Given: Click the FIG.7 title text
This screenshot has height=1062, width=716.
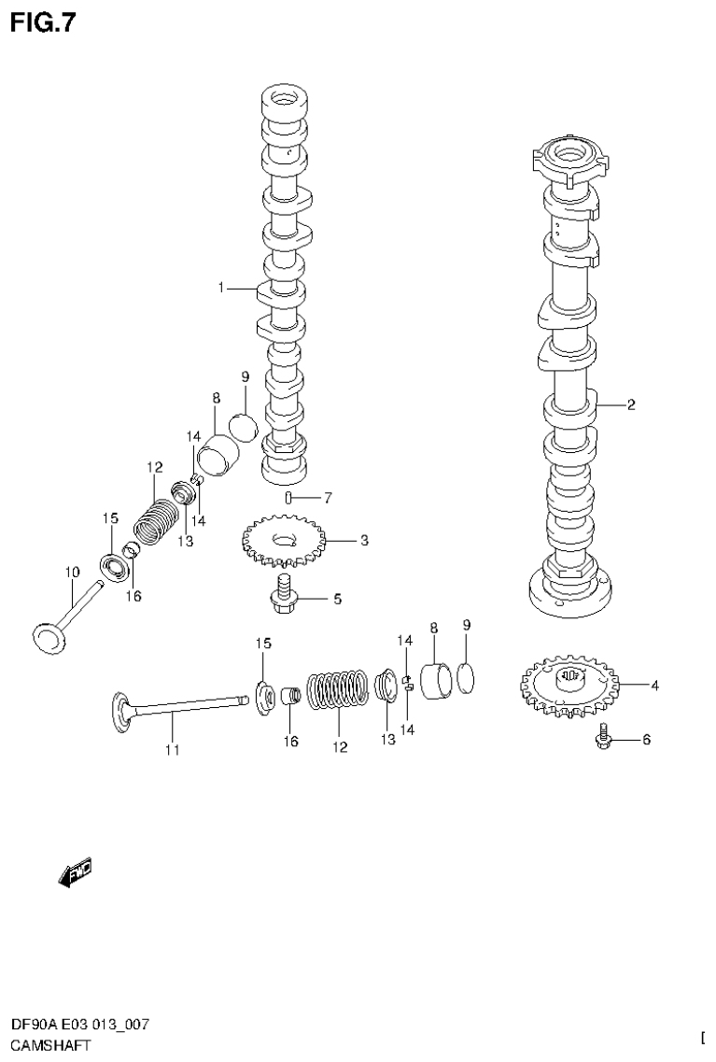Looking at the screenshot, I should pyautogui.click(x=42, y=21).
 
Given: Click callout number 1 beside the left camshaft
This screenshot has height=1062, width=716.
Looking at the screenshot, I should pyautogui.click(x=221, y=288).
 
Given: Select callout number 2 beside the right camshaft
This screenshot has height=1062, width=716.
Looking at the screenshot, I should pyautogui.click(x=631, y=404).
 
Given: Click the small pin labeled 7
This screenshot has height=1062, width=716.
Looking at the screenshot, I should pyautogui.click(x=290, y=497).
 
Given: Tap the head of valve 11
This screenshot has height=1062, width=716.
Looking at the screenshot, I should pyautogui.click(x=121, y=708).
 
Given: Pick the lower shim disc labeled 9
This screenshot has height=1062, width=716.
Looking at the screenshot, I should pyautogui.click(x=468, y=681).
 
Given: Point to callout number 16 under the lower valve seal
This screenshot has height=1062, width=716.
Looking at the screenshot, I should pyautogui.click(x=290, y=742).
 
